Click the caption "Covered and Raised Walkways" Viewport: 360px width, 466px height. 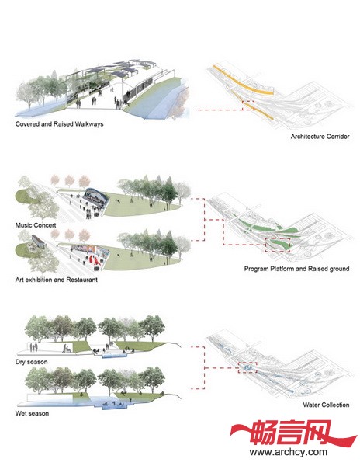tap(60, 124)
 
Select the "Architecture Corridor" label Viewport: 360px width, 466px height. tap(320, 137)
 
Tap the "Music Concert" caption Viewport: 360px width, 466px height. tap(36, 225)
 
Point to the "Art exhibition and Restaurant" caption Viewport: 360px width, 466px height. tap(57, 280)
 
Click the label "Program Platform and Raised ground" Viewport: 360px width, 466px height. tap(297, 269)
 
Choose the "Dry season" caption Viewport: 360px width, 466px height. tap(32, 362)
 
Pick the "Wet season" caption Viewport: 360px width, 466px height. tap(32, 413)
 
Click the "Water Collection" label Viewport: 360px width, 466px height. tap(326, 405)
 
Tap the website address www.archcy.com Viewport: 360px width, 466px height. tap(289, 452)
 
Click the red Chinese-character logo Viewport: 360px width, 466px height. tap(293, 433)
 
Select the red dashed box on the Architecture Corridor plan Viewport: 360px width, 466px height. tap(248, 106)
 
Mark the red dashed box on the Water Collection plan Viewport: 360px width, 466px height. tap(247, 367)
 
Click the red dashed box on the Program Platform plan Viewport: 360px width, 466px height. tap(278, 245)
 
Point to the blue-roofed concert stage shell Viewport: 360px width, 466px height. tap(95, 196)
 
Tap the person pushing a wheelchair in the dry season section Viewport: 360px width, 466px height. tap(67, 349)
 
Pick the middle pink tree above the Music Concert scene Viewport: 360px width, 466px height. tap(69, 180)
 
